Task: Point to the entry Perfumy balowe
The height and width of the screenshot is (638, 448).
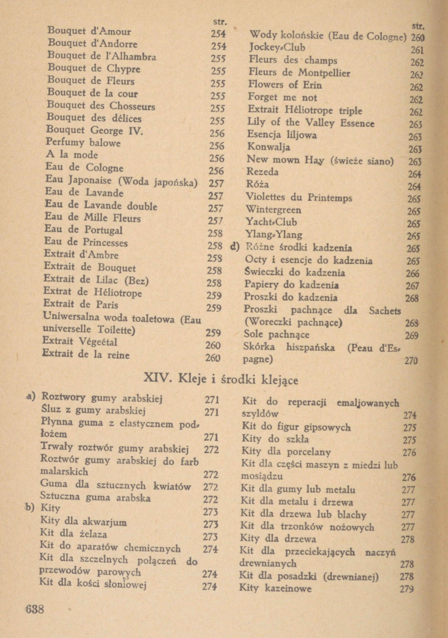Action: tap(83, 143)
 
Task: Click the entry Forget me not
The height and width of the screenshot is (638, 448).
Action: tap(282, 97)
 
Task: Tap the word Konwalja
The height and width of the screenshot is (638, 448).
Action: tap(269, 147)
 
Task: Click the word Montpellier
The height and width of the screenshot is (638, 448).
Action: tap(324, 73)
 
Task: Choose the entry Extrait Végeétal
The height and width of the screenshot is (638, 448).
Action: tap(80, 341)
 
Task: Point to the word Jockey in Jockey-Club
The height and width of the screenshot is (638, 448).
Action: tap(263, 48)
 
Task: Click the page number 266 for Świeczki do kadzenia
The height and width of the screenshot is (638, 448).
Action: tap(412, 274)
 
